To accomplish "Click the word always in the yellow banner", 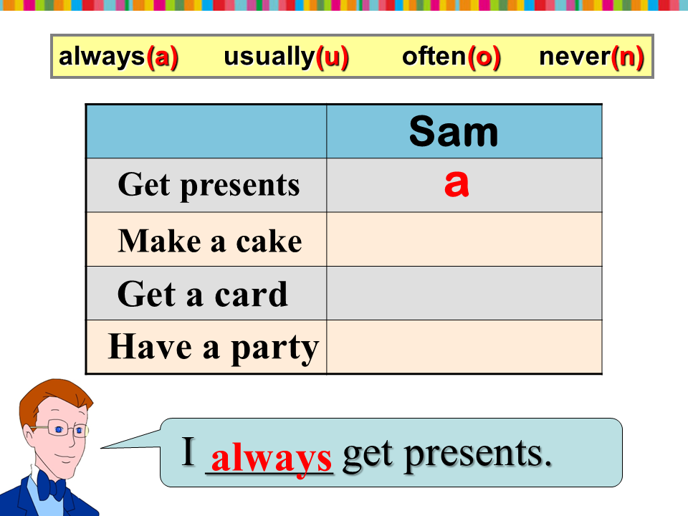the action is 101,57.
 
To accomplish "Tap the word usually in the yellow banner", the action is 269,57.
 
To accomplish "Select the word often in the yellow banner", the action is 434,56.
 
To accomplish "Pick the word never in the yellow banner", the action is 574,57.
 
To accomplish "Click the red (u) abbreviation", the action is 332,57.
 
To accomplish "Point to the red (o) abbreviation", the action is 484,57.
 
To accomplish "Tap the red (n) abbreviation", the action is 628,57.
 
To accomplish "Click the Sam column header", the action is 454,131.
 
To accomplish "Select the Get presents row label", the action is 209,186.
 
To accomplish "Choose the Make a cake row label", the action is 210,241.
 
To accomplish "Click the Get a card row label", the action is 203,294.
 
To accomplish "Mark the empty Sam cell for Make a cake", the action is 464,239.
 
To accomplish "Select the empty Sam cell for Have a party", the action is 464,347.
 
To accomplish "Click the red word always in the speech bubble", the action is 271,459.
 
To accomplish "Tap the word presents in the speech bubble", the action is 478,455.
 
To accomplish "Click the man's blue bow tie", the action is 52,486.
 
